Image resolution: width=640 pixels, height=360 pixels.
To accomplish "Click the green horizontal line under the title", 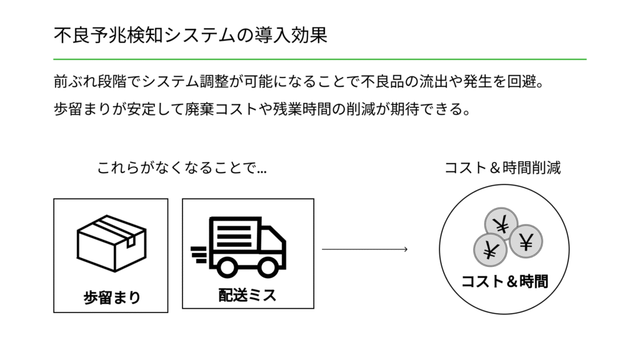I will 320,59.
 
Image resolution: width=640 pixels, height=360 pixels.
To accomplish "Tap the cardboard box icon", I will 111,244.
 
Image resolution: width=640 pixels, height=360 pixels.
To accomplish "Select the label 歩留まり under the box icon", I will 112,297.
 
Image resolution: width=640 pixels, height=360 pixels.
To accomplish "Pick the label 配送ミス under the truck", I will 247,294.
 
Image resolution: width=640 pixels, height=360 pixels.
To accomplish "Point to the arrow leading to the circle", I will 364,250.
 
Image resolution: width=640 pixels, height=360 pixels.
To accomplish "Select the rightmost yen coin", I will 526,241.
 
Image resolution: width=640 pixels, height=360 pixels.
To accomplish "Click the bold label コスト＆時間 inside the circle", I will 504,282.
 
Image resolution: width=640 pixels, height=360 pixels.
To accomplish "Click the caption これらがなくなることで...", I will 182,167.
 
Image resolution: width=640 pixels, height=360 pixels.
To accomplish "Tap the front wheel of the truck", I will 270,267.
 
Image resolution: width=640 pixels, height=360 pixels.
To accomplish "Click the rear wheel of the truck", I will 226,267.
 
